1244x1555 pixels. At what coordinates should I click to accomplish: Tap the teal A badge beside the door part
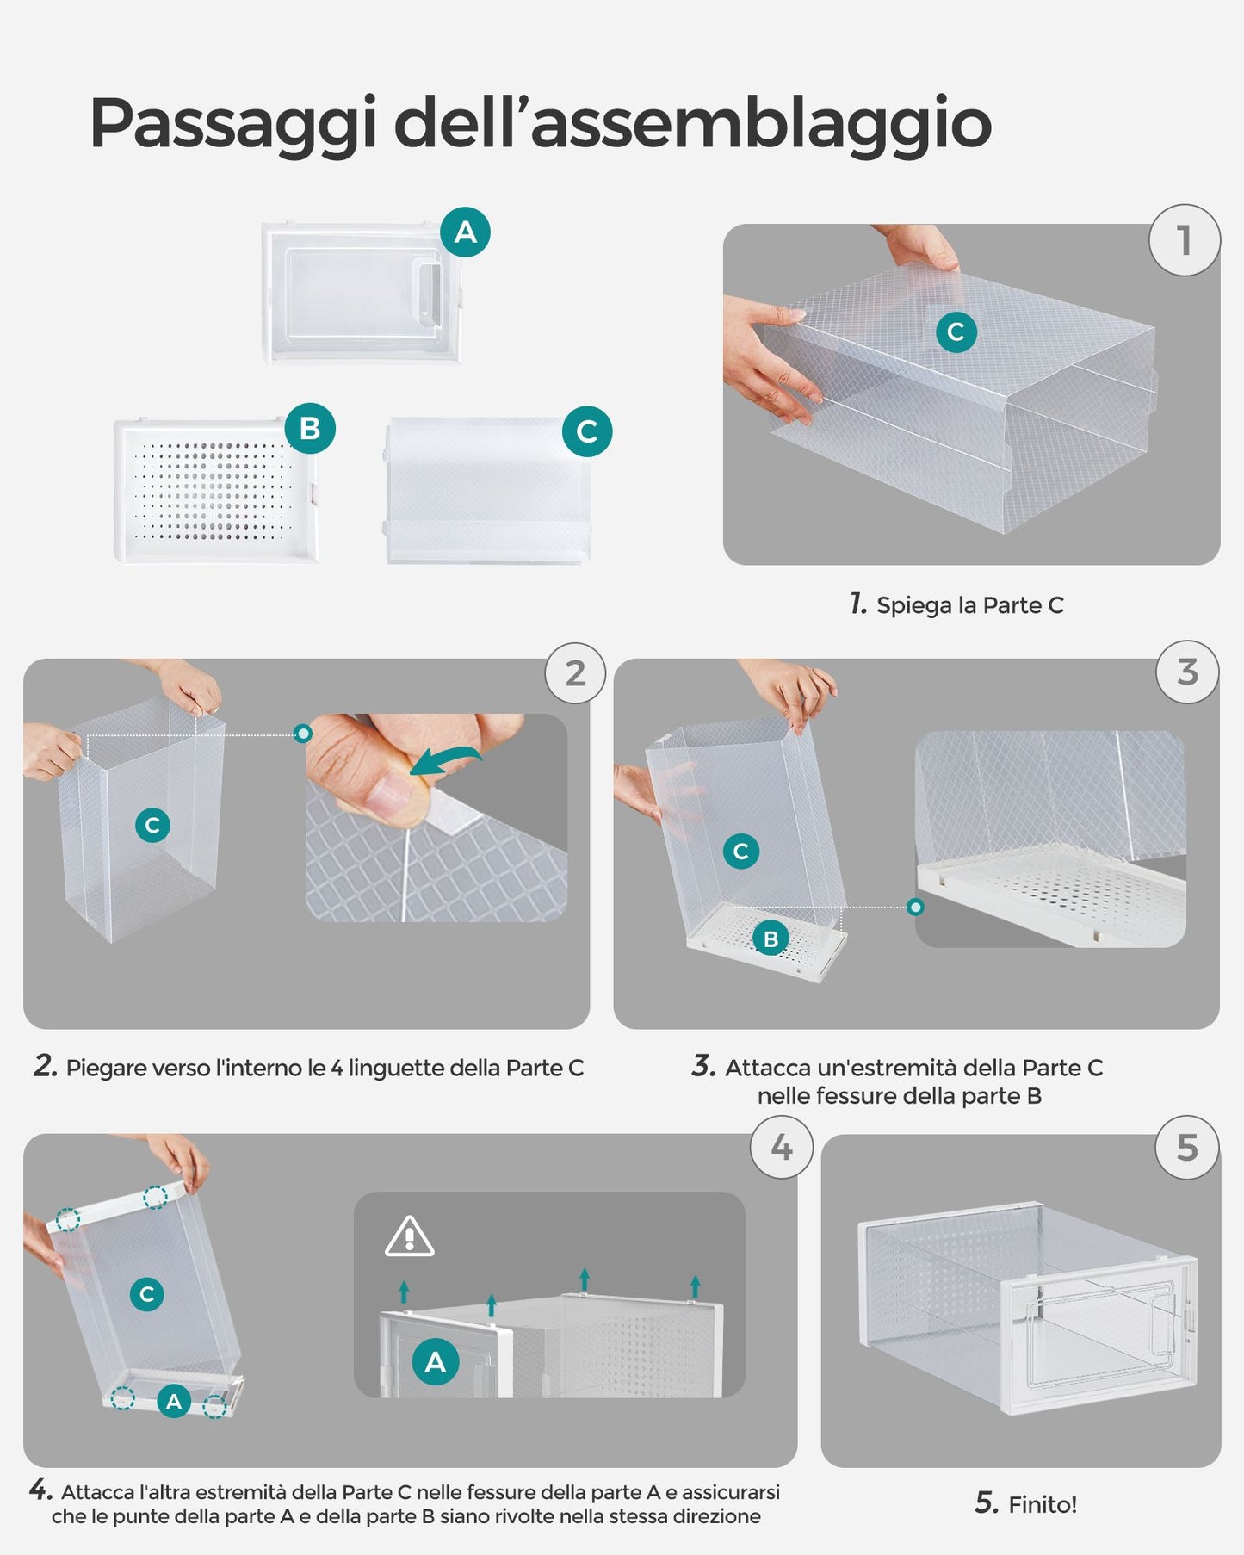coord(465,232)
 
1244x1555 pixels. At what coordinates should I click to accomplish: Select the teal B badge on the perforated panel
coord(310,428)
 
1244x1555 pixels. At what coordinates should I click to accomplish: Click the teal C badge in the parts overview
coord(587,431)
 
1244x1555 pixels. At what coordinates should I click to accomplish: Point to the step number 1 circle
coord(1185,240)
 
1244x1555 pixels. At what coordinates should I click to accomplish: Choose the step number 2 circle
coord(575,673)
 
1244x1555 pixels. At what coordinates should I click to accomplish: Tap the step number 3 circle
coord(1187,672)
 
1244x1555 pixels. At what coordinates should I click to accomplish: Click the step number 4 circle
coord(782,1147)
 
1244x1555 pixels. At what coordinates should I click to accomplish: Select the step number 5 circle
coord(1187,1147)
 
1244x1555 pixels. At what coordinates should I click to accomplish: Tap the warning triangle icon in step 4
coord(409,1236)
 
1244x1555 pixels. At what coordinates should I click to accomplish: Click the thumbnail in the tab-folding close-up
coord(391,793)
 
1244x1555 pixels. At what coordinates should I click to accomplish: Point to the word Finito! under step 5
coord(1043,1505)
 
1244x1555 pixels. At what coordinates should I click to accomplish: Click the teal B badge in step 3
coord(771,939)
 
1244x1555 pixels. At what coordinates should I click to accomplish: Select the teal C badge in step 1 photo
coord(956,331)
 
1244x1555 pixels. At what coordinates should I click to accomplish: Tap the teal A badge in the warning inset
coord(436,1361)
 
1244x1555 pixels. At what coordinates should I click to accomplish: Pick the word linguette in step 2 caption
coord(396,1068)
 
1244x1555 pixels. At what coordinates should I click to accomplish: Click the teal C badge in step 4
coord(147,1293)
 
